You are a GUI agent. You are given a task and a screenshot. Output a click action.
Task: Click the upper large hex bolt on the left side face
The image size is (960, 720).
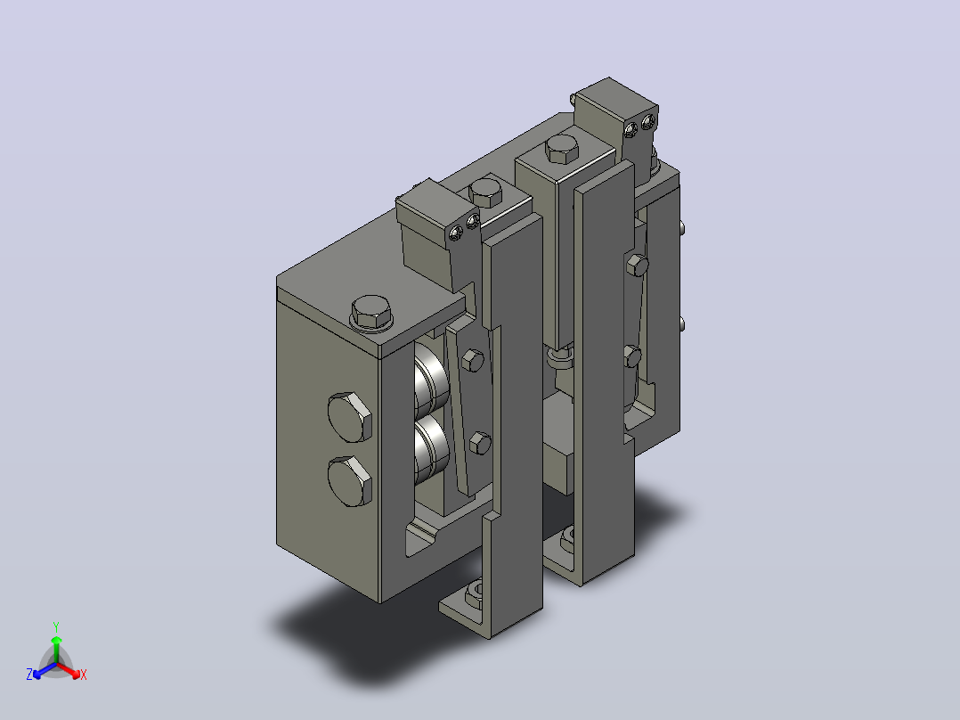[x=350, y=417]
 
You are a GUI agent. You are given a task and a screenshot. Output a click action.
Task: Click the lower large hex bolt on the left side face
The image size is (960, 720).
[x=350, y=481]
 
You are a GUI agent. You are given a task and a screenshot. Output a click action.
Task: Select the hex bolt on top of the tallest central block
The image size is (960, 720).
[x=561, y=149]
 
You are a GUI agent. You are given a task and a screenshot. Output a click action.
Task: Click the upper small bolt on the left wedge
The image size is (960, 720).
[x=472, y=360]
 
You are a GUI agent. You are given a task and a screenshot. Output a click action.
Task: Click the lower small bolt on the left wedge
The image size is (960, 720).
[x=479, y=443]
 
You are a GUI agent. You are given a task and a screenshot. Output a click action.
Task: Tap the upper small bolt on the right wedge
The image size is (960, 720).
[x=638, y=265]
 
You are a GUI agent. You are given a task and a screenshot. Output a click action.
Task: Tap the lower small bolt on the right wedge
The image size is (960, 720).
[x=632, y=356]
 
